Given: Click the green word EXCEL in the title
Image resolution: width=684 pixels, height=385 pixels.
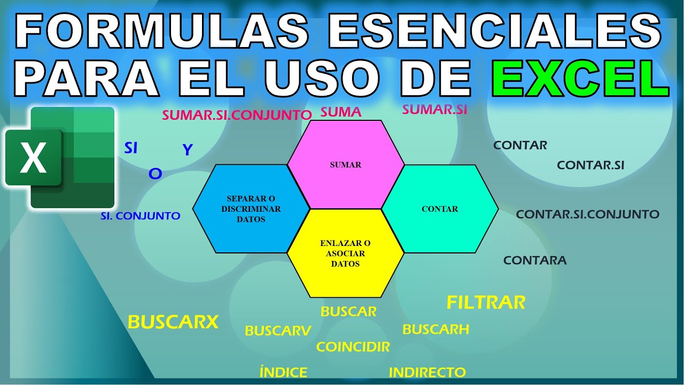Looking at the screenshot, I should [x=580, y=78].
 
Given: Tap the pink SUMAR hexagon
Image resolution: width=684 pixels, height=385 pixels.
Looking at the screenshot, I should [x=346, y=165].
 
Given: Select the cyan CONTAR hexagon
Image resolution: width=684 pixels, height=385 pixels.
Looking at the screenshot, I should [x=440, y=209].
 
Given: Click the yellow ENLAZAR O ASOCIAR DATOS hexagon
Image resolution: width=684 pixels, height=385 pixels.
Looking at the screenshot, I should [x=345, y=253].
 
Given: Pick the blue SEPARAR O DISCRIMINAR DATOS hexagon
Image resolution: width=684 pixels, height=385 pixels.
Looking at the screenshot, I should [x=251, y=209].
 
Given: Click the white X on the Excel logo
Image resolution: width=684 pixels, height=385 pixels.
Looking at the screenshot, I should [x=33, y=158].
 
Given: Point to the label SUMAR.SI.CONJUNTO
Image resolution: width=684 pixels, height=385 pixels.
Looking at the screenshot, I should [x=237, y=115].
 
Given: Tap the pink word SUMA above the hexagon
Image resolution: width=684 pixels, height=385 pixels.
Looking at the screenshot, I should [x=341, y=112].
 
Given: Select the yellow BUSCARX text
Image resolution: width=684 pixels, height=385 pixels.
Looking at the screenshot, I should [x=174, y=322].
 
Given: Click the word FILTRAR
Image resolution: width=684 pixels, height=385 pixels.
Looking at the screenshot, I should [x=486, y=303].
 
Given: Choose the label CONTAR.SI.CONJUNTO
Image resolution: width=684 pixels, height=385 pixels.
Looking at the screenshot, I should [x=587, y=214].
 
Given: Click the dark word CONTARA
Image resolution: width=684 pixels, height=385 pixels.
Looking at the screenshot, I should [x=535, y=260].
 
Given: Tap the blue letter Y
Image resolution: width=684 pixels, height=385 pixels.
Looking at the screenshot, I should [x=187, y=150].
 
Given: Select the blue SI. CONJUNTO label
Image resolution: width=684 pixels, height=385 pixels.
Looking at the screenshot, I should [x=141, y=217].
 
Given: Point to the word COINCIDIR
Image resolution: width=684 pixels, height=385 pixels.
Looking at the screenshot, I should [x=353, y=346].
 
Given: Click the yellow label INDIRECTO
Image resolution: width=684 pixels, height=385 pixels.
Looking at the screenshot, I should [x=427, y=372].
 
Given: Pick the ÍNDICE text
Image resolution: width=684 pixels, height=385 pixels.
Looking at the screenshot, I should [x=283, y=372].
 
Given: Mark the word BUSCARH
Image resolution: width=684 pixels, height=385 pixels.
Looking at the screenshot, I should [x=436, y=329].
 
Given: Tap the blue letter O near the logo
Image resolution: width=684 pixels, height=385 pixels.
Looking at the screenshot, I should [x=155, y=173].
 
